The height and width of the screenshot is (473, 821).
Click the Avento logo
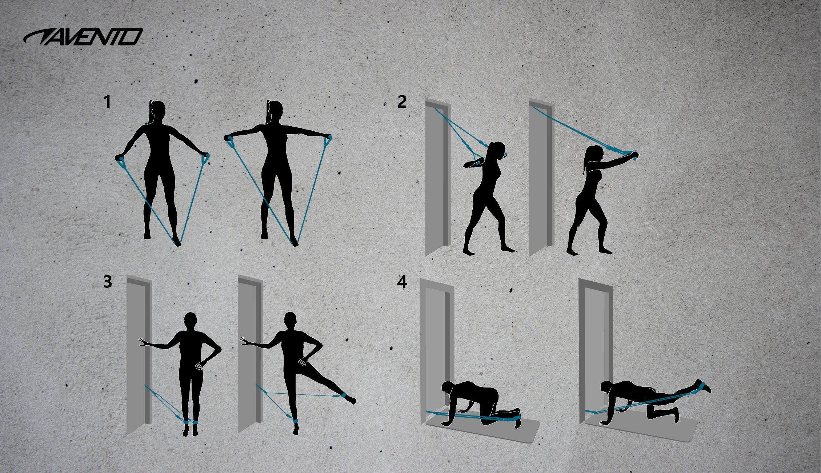pyautogui.click(x=83, y=37)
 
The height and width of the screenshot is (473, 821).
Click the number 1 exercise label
pyautogui.click(x=107, y=102)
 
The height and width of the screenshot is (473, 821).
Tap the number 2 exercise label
pyautogui.click(x=402, y=102)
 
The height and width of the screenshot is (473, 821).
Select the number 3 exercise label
pyautogui.click(x=108, y=282)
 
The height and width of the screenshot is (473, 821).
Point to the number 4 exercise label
pyautogui.click(x=402, y=282)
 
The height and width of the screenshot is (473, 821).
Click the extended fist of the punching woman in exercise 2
pyautogui.click(x=634, y=155)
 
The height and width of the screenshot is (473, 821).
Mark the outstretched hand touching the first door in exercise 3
pyautogui.click(x=143, y=342)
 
